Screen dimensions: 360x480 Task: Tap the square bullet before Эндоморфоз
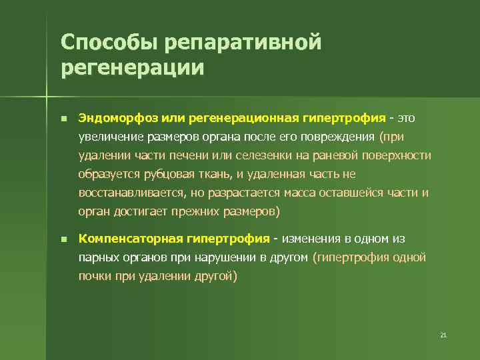(x=62, y=119)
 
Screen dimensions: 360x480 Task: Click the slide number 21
(x=443, y=335)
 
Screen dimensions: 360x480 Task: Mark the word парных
(x=98, y=257)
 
